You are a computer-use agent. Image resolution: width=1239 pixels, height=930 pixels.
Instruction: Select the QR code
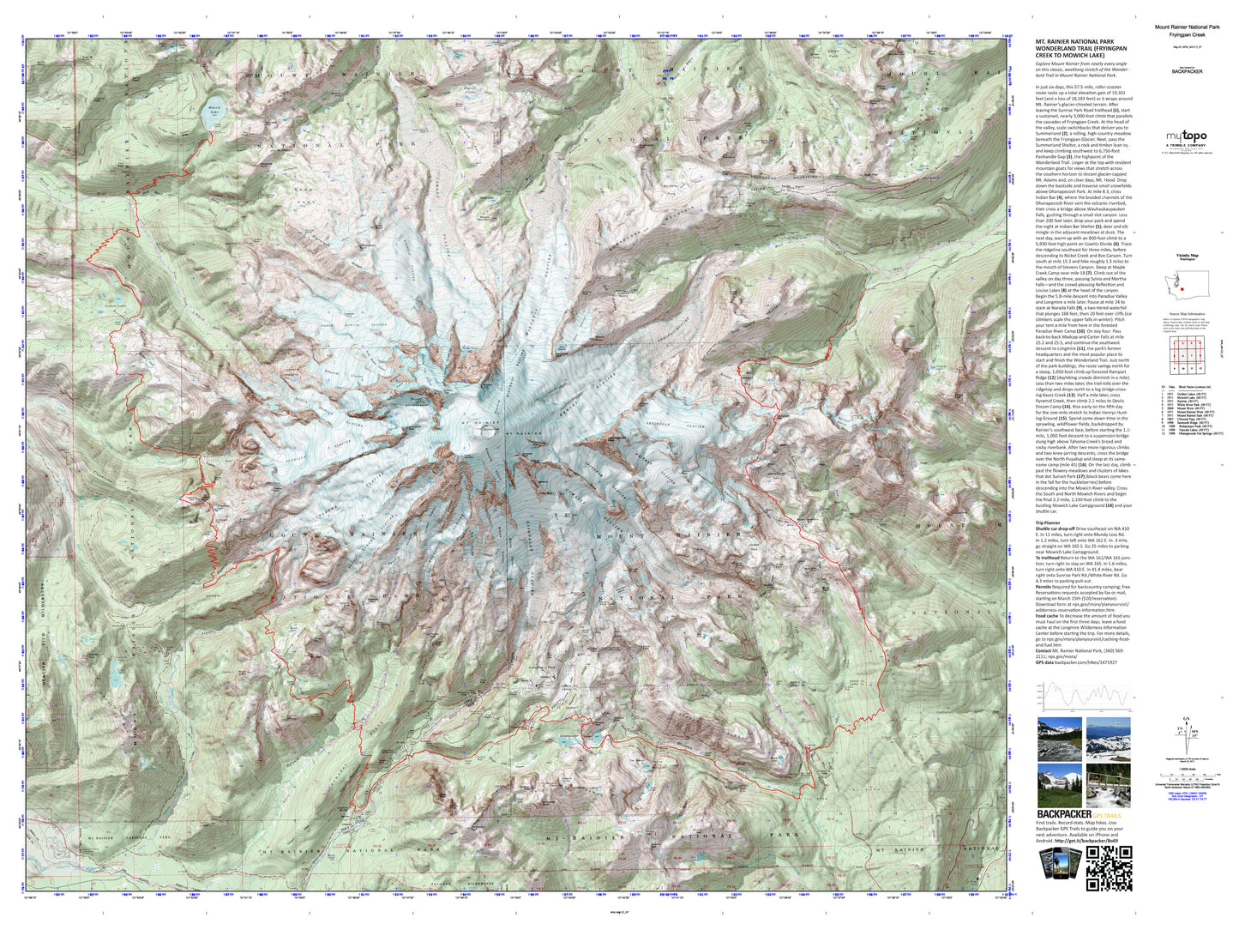click(1109, 869)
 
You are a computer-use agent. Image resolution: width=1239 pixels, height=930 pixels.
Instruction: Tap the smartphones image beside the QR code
click(1058, 869)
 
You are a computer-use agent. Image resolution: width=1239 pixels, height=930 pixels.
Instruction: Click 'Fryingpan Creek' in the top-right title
click(1187, 35)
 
